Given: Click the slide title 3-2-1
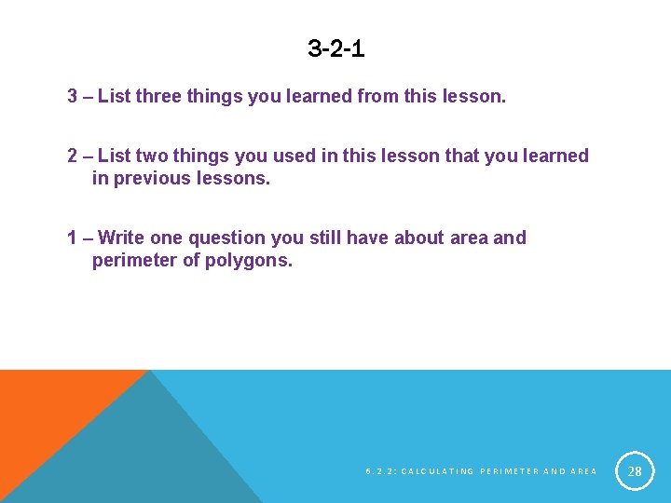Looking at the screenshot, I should click(x=335, y=48).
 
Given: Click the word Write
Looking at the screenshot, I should click(x=120, y=238).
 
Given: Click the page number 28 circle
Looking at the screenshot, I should click(x=635, y=471).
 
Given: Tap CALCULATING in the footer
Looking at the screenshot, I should click(x=437, y=472).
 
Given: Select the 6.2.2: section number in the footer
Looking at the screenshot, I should click(x=381, y=472).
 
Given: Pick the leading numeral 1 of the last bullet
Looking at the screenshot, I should click(x=72, y=238).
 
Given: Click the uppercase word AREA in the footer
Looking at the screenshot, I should click(x=582, y=472).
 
